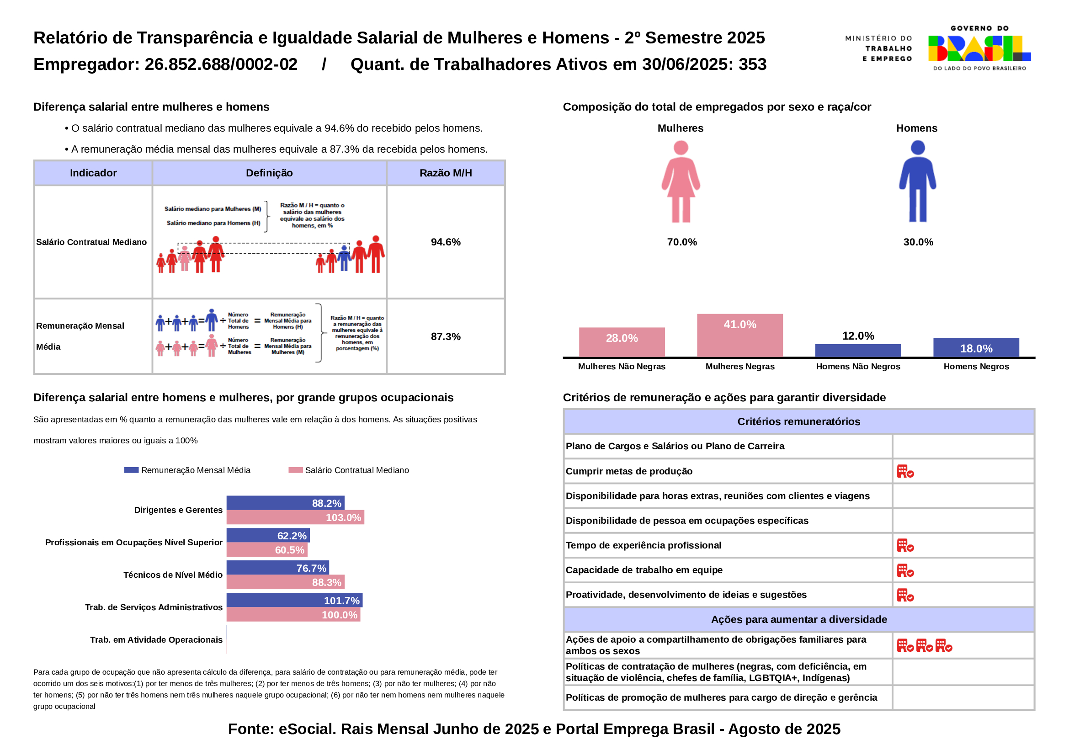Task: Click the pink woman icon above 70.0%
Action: click(x=681, y=181)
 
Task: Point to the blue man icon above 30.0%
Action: click(x=917, y=181)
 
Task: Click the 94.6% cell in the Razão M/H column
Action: click(x=446, y=242)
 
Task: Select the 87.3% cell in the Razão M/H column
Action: click(x=446, y=336)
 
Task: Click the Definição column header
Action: click(x=269, y=173)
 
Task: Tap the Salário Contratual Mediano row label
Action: click(x=91, y=242)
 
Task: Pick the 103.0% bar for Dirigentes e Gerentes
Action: click(x=295, y=517)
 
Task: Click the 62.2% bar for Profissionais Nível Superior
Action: click(x=268, y=535)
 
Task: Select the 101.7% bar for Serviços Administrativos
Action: click(x=294, y=600)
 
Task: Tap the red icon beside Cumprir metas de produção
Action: click(x=905, y=472)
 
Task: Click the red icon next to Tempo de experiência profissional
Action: click(x=905, y=546)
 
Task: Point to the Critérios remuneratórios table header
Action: click(x=798, y=422)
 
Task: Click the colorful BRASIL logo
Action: click(x=979, y=48)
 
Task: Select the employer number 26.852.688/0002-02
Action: click(x=221, y=64)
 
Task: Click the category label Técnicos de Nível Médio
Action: click(x=173, y=575)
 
